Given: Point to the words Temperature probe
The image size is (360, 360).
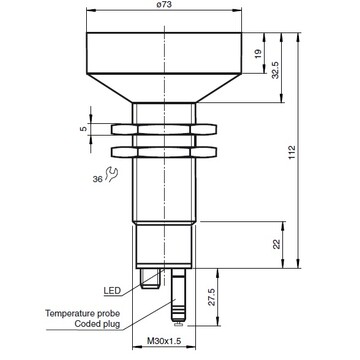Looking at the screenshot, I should pos(83,313).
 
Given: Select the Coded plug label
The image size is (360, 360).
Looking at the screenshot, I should pos(99,324).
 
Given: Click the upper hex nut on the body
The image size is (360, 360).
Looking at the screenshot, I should pos(163,128).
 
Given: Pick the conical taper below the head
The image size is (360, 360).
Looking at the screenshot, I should pos(163,91).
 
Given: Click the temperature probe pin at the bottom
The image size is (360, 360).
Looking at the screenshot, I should pos(178,301).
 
